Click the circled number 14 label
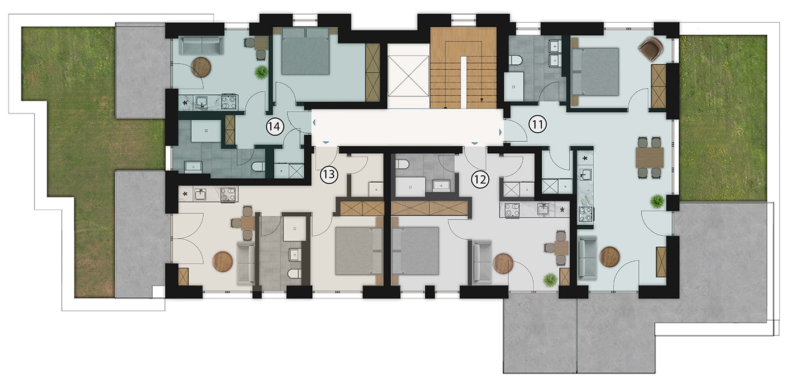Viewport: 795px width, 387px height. coord(275,127)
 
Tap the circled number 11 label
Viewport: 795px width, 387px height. coord(537,124)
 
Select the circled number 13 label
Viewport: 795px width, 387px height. coord(329,175)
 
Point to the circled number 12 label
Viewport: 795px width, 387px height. coord(480,179)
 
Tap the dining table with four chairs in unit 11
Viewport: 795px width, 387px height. coord(650,158)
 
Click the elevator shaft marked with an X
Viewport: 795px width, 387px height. coord(408,76)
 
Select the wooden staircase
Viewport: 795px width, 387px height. coord(463,68)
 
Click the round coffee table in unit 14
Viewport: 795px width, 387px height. coord(201,68)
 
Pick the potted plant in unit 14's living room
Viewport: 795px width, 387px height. coord(261,73)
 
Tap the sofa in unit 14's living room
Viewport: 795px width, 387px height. coord(201,45)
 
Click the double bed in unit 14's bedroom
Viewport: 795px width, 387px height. coord(306,51)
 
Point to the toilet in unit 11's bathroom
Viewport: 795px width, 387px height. coord(516,60)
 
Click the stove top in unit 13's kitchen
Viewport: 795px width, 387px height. coord(228,195)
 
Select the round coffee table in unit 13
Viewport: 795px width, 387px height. coord(223,262)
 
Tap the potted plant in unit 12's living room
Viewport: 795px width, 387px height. coord(550,280)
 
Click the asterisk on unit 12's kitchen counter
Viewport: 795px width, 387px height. coord(562,210)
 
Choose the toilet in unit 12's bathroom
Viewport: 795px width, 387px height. coord(402,164)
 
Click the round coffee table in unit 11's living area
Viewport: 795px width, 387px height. coord(610,257)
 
